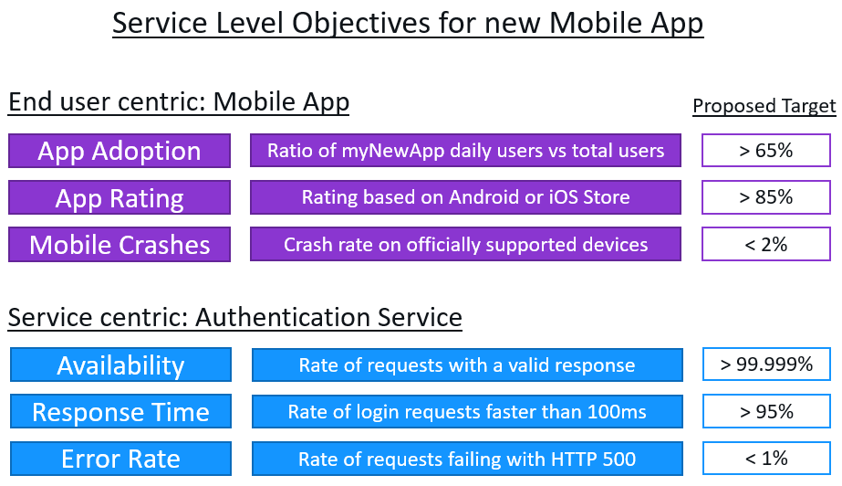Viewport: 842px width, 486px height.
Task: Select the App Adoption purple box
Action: click(119, 151)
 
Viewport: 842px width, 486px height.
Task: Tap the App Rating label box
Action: click(119, 198)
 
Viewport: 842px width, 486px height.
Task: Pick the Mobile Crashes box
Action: click(119, 245)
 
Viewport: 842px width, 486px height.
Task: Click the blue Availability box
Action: click(120, 365)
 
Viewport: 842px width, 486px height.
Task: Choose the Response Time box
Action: click(120, 412)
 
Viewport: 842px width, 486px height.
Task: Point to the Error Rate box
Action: click(120, 459)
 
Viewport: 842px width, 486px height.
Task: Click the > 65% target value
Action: click(765, 151)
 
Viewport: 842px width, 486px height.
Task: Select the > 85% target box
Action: click(765, 197)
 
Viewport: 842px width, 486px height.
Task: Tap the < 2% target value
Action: click(765, 244)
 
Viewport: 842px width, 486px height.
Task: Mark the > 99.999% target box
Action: click(765, 364)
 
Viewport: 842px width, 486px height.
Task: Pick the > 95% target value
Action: click(765, 412)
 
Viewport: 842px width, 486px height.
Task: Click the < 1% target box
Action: click(765, 459)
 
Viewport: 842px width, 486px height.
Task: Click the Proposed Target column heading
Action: click(764, 106)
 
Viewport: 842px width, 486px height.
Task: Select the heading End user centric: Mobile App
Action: click(179, 102)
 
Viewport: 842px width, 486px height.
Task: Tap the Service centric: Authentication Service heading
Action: click(235, 317)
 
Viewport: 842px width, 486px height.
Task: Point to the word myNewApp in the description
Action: click(386, 151)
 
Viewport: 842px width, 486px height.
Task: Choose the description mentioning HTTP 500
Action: click(466, 459)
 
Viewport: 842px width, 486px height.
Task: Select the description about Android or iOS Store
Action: click(466, 197)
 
